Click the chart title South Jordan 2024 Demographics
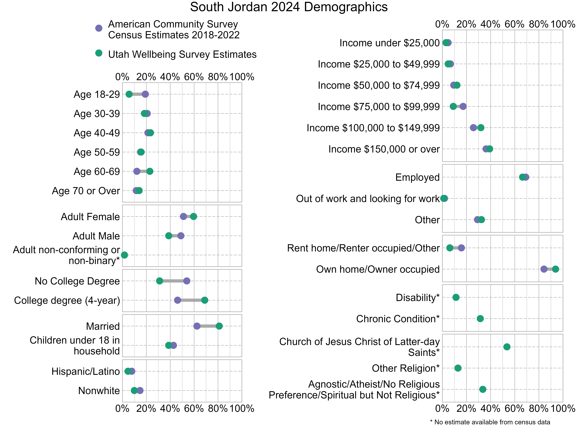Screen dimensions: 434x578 click(289, 7)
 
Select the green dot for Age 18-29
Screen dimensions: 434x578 click(129, 94)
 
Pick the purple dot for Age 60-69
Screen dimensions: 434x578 click(137, 171)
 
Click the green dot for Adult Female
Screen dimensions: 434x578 click(193, 216)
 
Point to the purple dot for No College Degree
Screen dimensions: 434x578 click(187, 281)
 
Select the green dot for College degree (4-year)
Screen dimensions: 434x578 click(205, 300)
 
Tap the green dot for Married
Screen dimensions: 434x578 click(219, 326)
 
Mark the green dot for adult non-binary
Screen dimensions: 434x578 click(125, 255)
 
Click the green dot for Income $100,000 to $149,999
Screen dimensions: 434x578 click(481, 128)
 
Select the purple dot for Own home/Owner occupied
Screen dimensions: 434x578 click(544, 269)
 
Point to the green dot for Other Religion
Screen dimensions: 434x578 click(458, 368)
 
